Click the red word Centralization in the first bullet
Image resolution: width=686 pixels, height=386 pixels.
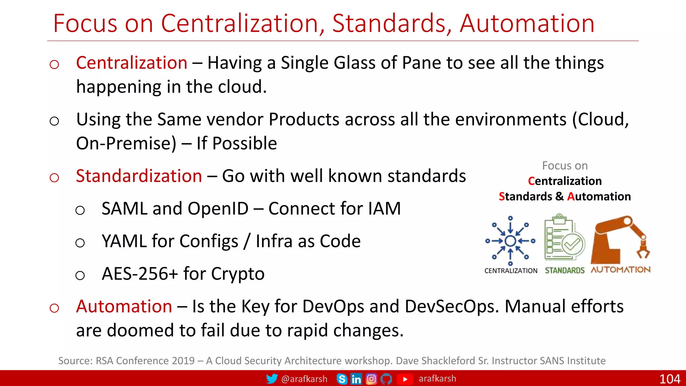[131, 63]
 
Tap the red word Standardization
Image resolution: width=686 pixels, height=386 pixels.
[139, 176]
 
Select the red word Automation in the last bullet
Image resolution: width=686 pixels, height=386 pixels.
[124, 307]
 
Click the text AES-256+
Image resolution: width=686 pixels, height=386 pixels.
[140, 274]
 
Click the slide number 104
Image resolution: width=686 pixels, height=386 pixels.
[669, 379]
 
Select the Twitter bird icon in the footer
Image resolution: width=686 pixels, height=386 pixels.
[272, 379]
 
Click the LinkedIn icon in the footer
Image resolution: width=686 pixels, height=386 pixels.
[356, 379]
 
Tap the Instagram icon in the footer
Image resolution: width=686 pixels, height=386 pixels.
[371, 379]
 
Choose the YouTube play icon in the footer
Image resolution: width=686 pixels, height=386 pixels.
[405, 379]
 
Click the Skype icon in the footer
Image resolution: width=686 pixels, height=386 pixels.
[342, 379]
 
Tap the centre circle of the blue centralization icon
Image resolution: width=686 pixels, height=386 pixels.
[510, 241]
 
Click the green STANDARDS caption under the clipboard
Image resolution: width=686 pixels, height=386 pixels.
[564, 270]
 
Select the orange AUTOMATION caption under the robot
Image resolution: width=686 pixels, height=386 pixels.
[620, 270]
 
